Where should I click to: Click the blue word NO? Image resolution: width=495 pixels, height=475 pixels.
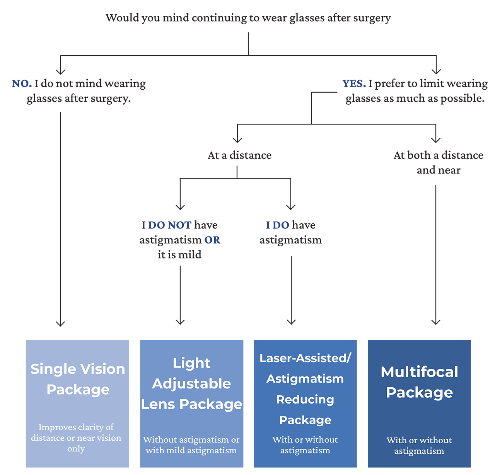pyautogui.click(x=22, y=83)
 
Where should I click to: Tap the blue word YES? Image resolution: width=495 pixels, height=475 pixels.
pyautogui.click(x=354, y=83)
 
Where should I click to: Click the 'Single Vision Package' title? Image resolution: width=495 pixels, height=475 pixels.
pyautogui.click(x=78, y=379)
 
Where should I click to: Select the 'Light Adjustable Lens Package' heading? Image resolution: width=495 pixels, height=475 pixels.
pyautogui.click(x=191, y=383)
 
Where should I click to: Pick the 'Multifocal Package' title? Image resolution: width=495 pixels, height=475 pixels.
pyautogui.click(x=419, y=382)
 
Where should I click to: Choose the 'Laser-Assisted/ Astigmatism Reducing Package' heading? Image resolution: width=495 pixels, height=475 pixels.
pyautogui.click(x=305, y=389)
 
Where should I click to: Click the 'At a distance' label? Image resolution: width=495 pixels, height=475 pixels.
pyautogui.click(x=239, y=155)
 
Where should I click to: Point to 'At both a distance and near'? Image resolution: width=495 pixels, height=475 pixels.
pyautogui.click(x=438, y=163)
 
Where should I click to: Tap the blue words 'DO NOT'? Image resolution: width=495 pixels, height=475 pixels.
pyautogui.click(x=169, y=225)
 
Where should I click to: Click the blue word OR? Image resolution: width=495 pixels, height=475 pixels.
pyautogui.click(x=212, y=240)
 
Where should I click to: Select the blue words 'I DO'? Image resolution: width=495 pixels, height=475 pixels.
pyautogui.click(x=277, y=225)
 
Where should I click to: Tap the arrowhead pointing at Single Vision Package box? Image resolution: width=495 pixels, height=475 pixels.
pyautogui.click(x=60, y=323)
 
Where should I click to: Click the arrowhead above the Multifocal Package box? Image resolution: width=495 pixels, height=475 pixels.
pyautogui.click(x=436, y=322)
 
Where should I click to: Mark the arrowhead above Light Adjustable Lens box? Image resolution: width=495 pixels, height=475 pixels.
pyautogui.click(x=180, y=321)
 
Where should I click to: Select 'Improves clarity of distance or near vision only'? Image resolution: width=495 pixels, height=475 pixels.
pyautogui.click(x=76, y=438)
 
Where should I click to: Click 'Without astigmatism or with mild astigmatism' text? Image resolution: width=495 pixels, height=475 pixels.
pyautogui.click(x=191, y=445)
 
